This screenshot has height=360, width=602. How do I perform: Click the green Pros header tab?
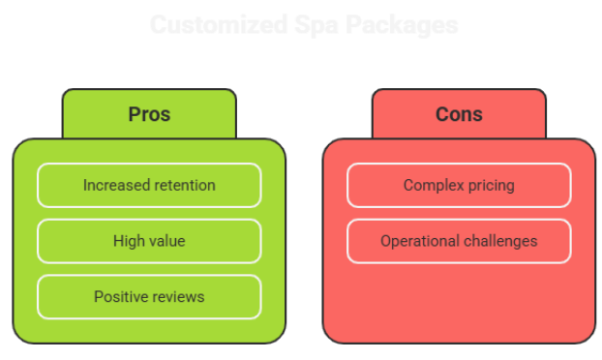coord(149,114)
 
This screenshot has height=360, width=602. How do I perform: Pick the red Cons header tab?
coord(459,114)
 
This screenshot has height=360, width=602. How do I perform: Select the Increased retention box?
coord(149,185)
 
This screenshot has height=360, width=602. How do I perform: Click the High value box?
coord(149,241)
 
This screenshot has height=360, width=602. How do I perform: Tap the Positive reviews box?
coord(149,296)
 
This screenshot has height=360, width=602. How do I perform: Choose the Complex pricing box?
coord(459,185)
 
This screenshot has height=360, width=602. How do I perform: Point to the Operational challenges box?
coord(459,241)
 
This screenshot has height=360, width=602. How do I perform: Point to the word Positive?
coord(121,296)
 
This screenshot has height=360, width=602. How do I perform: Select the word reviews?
coord(178,296)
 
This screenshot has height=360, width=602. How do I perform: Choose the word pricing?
coord(490,185)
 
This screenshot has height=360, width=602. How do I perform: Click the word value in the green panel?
coord(166,241)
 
